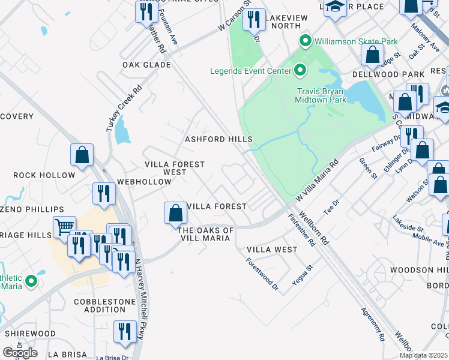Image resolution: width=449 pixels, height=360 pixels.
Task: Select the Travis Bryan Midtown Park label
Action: [321, 95]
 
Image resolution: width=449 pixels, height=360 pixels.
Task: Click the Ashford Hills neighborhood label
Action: [218, 139]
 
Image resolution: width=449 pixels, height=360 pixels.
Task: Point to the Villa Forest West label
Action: [175, 168]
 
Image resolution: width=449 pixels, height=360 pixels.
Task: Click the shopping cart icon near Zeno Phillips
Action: [64, 227]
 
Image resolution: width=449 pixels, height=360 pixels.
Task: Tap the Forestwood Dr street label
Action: [263, 275]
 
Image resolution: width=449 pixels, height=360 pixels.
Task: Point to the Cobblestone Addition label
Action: [106, 305]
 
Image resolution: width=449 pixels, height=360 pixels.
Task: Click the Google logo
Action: [20, 353]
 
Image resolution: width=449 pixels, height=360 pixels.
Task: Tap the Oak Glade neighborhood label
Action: [146, 65]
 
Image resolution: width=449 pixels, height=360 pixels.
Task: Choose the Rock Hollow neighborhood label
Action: [44, 175]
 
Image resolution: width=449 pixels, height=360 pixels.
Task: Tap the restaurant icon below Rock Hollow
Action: [104, 194]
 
